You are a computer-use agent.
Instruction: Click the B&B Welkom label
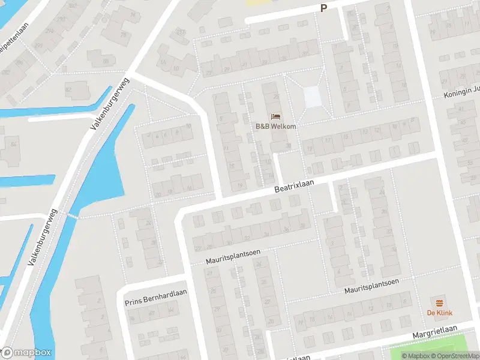(x=275, y=126)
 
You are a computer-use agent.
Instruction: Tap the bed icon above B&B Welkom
(x=275, y=116)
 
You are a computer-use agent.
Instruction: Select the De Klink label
(x=440, y=313)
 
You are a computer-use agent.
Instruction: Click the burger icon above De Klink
(x=440, y=302)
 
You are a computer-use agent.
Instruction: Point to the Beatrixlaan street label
(x=295, y=187)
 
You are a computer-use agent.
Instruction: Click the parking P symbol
(x=323, y=8)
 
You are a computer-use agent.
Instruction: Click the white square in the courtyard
(x=313, y=97)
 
